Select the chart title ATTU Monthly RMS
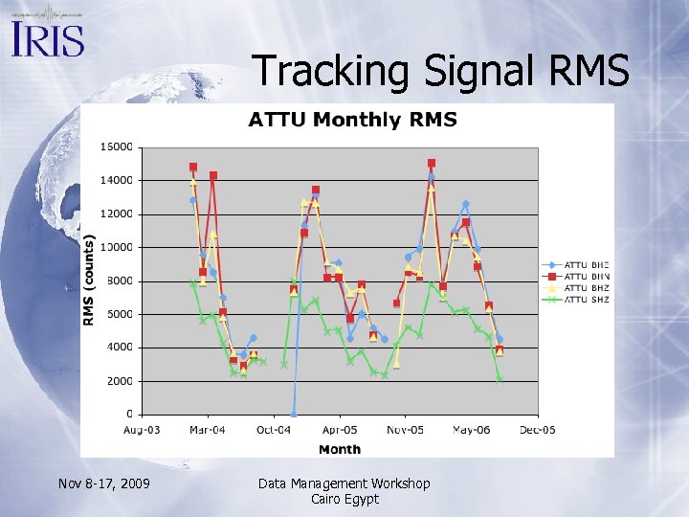click(x=352, y=120)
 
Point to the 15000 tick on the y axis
click(x=119, y=147)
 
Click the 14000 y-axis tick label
click(x=119, y=180)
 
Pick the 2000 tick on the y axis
click(x=121, y=380)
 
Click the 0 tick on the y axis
click(x=129, y=414)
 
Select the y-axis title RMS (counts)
click(x=89, y=281)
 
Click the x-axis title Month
click(x=340, y=449)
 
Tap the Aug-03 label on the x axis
click(x=142, y=431)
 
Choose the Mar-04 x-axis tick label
click(x=207, y=431)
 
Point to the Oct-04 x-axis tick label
click(x=274, y=431)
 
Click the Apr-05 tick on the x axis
click(x=339, y=431)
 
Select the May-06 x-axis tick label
click(x=471, y=431)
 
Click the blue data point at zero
click(x=294, y=414)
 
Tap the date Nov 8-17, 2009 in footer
click(x=102, y=484)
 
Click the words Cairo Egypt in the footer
click(x=344, y=499)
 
